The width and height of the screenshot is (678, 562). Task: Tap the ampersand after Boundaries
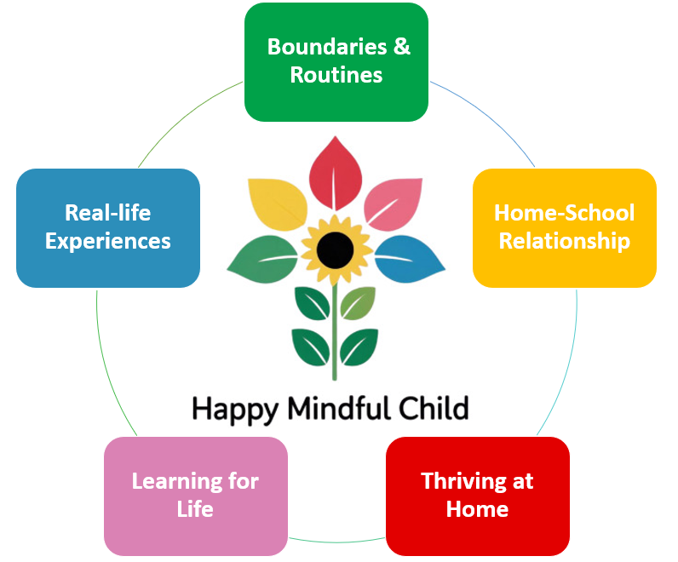pos(401,46)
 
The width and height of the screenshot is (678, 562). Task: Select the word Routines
pos(336,75)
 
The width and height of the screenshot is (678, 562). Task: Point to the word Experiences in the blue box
pos(108,241)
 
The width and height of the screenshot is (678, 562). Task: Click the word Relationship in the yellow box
pos(564,241)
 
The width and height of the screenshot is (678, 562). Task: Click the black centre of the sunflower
pos(336,249)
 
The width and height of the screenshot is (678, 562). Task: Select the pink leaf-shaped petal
pos(394,205)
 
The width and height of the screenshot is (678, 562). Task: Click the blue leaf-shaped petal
pos(409,258)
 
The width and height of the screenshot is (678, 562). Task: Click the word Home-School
pos(564,212)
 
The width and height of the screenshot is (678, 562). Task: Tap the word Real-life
pos(108,212)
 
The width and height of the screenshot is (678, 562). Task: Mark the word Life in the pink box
pos(196,509)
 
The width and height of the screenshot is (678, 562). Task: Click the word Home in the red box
pos(477,509)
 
